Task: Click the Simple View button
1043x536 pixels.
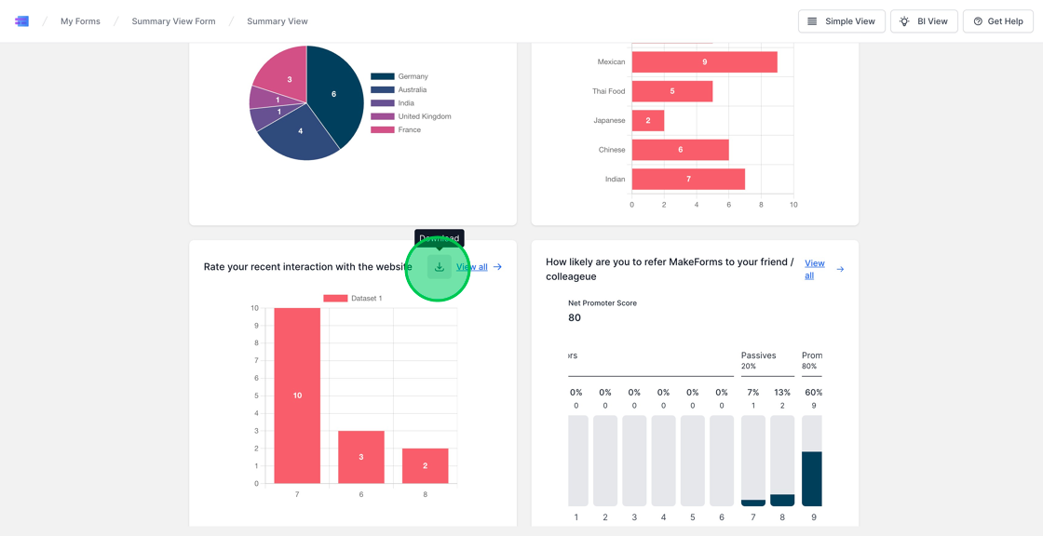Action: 841,21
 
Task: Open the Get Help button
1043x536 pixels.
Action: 997,21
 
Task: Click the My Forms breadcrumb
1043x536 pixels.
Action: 80,21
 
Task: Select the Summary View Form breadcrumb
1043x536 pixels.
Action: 173,21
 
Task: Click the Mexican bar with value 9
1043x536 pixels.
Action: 704,62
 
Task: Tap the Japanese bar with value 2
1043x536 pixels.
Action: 648,120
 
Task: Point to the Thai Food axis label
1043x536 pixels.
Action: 608,91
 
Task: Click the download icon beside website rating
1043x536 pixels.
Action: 440,267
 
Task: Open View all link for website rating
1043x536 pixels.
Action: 472,267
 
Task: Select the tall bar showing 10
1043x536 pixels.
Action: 297,395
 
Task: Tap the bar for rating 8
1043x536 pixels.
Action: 425,465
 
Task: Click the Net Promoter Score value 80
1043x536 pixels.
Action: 575,317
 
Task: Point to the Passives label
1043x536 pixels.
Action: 758,355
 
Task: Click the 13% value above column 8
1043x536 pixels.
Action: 782,393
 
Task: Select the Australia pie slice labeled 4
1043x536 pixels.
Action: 300,132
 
